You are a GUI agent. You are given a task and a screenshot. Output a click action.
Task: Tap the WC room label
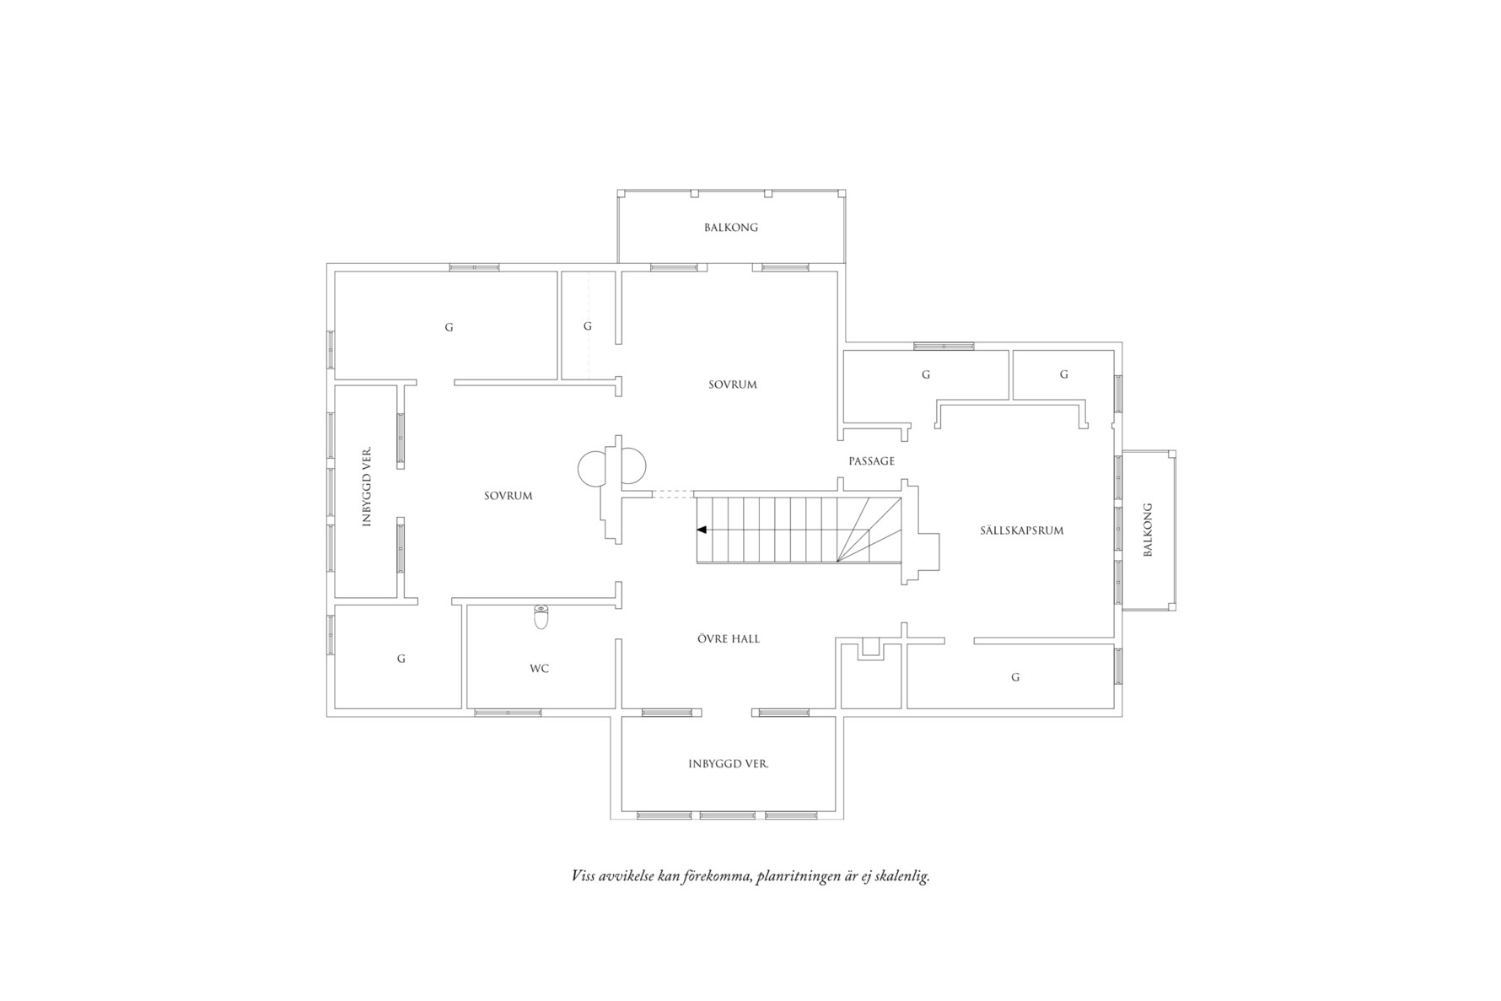[540, 669]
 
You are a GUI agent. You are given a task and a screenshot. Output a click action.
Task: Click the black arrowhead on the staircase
[702, 530]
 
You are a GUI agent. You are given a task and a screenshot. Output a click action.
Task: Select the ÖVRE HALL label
[729, 639]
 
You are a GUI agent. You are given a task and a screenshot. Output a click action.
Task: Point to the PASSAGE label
[871, 461]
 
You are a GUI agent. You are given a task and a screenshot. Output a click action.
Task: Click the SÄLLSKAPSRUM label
[1021, 530]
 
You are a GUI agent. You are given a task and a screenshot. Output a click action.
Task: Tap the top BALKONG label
[731, 228]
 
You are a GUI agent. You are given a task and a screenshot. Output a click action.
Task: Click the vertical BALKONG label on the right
[1147, 530]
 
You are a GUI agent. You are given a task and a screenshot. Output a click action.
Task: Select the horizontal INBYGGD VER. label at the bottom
[728, 764]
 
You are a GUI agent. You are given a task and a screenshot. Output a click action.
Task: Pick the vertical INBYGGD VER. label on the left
[367, 487]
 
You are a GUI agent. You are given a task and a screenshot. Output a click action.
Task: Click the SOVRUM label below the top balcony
[732, 385]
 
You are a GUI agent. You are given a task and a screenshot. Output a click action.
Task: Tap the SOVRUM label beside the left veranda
[508, 496]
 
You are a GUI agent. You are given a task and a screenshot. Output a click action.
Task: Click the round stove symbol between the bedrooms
[612, 466]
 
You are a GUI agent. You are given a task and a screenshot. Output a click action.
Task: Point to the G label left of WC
[401, 659]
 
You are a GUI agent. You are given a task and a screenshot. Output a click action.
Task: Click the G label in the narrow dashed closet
[588, 326]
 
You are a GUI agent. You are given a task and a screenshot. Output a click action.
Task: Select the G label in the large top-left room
[449, 327]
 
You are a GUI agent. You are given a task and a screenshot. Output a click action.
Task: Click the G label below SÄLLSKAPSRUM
[1015, 677]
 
